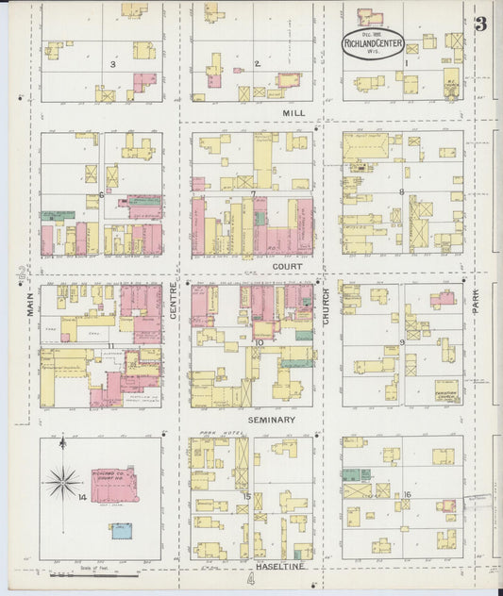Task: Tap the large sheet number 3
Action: point(480,25)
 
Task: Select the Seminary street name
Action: point(271,420)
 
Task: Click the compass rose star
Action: point(63,484)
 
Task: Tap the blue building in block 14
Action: point(122,531)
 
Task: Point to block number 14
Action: point(83,497)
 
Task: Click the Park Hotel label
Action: point(210,435)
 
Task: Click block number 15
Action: point(247,497)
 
